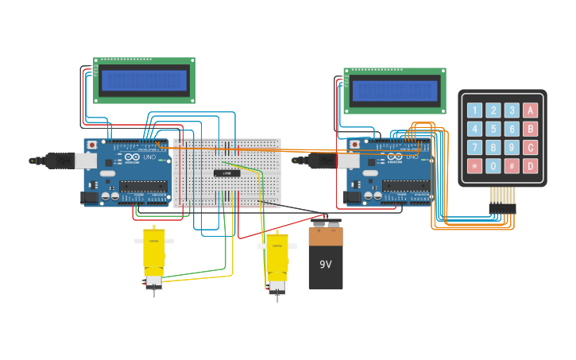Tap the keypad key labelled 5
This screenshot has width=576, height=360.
(x=493, y=129)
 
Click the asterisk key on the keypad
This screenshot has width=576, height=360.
(x=474, y=166)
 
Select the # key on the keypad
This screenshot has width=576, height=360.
(x=512, y=166)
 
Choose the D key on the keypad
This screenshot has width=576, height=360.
(x=530, y=166)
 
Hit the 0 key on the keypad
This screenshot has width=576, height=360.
(x=493, y=166)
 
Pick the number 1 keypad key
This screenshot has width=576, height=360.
(x=474, y=110)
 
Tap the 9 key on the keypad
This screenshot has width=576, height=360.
(x=512, y=147)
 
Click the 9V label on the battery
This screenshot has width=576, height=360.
(x=326, y=265)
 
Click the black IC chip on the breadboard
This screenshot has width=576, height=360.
(x=226, y=173)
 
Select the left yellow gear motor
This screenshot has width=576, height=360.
(x=153, y=253)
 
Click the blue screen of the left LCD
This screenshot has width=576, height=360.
(x=144, y=80)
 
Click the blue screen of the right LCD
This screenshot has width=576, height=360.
(x=394, y=91)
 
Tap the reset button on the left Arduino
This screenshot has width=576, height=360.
(x=92, y=145)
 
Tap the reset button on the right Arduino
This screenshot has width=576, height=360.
(x=354, y=145)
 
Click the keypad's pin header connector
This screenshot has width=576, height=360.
(x=502, y=208)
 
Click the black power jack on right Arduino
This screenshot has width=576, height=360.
(x=351, y=196)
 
